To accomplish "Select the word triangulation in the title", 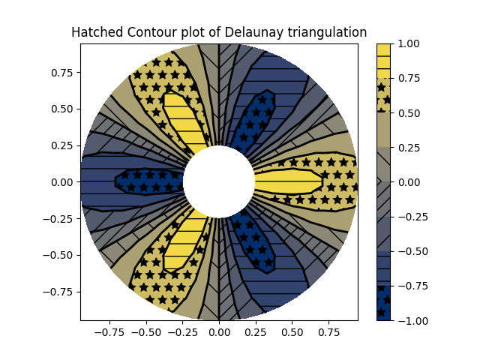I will click(x=325, y=32).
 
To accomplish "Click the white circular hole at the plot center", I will click(x=219, y=181).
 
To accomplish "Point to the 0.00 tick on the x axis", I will click(x=219, y=331).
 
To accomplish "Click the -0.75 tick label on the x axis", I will click(x=106, y=331).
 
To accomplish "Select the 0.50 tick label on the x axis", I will click(x=292, y=331).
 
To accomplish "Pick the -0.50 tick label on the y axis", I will click(x=58, y=255).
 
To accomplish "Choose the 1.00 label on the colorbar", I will click(x=408, y=43).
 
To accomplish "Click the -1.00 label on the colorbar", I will click(x=409, y=320).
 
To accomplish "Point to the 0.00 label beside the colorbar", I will click(x=408, y=181).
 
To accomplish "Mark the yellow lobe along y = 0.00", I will click(x=289, y=181).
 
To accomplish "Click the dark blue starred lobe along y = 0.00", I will click(x=150, y=181).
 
